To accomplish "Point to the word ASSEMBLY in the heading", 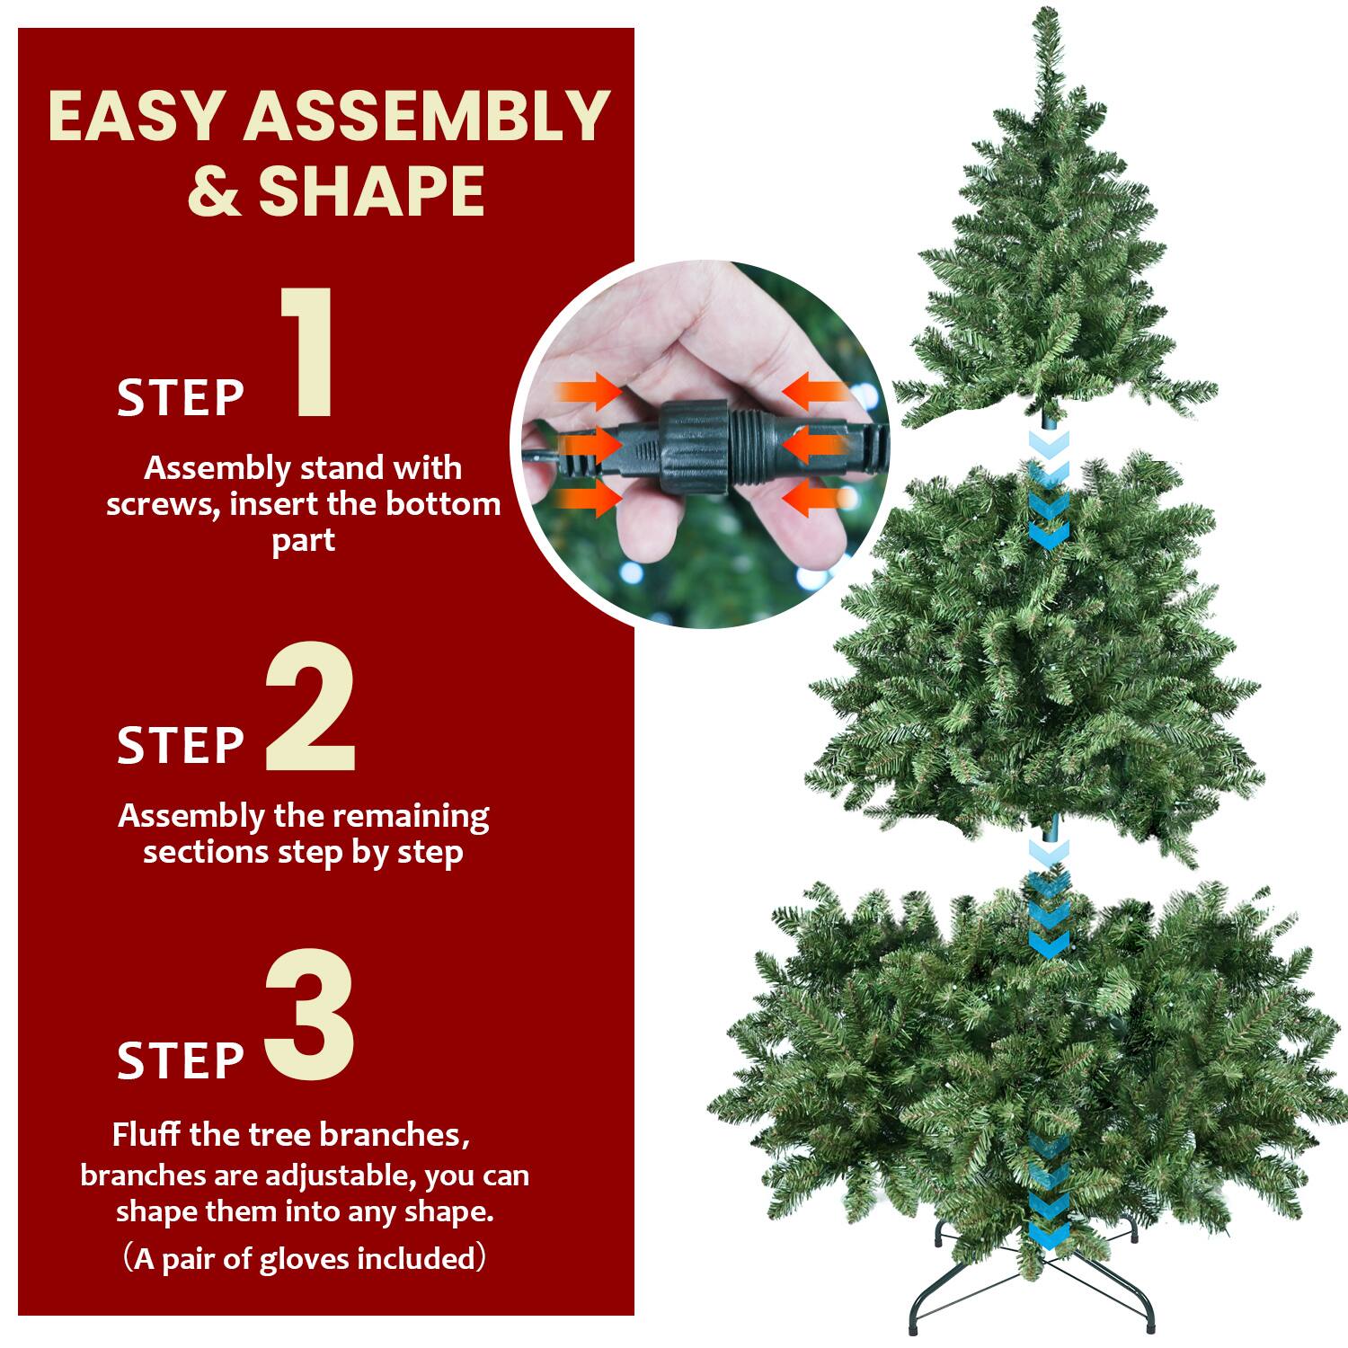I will (x=427, y=116).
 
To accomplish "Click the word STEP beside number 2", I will (x=181, y=745).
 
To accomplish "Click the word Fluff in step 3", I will (x=147, y=1134).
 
